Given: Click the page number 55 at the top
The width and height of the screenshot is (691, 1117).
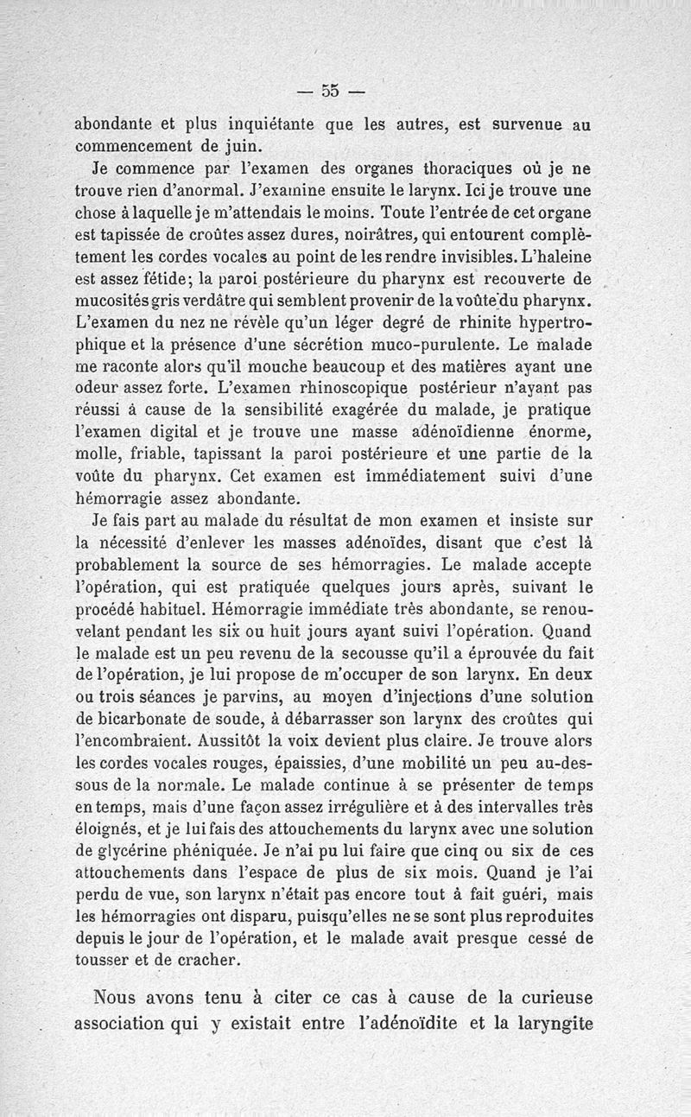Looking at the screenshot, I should point(330,89).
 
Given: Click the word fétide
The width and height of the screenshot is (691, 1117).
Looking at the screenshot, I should point(166,279).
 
